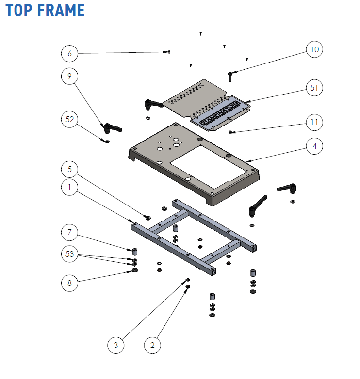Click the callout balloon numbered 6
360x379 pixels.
(x=70, y=53)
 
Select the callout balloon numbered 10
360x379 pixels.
(x=314, y=49)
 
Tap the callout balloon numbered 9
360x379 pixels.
(x=70, y=76)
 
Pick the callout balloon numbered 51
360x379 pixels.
(x=314, y=88)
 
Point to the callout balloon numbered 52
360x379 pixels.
(x=70, y=119)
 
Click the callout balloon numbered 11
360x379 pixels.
(x=314, y=122)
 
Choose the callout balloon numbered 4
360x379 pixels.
(x=314, y=145)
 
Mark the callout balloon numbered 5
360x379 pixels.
(x=70, y=169)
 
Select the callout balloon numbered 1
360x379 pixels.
(x=70, y=187)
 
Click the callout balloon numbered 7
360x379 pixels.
(x=70, y=233)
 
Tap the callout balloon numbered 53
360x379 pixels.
(x=70, y=253)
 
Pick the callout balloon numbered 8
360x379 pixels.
(x=70, y=283)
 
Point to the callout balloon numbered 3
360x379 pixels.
(x=116, y=345)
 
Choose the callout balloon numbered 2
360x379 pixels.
(x=152, y=345)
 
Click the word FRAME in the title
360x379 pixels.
(x=60, y=10)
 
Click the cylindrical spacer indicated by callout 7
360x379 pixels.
(x=136, y=252)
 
